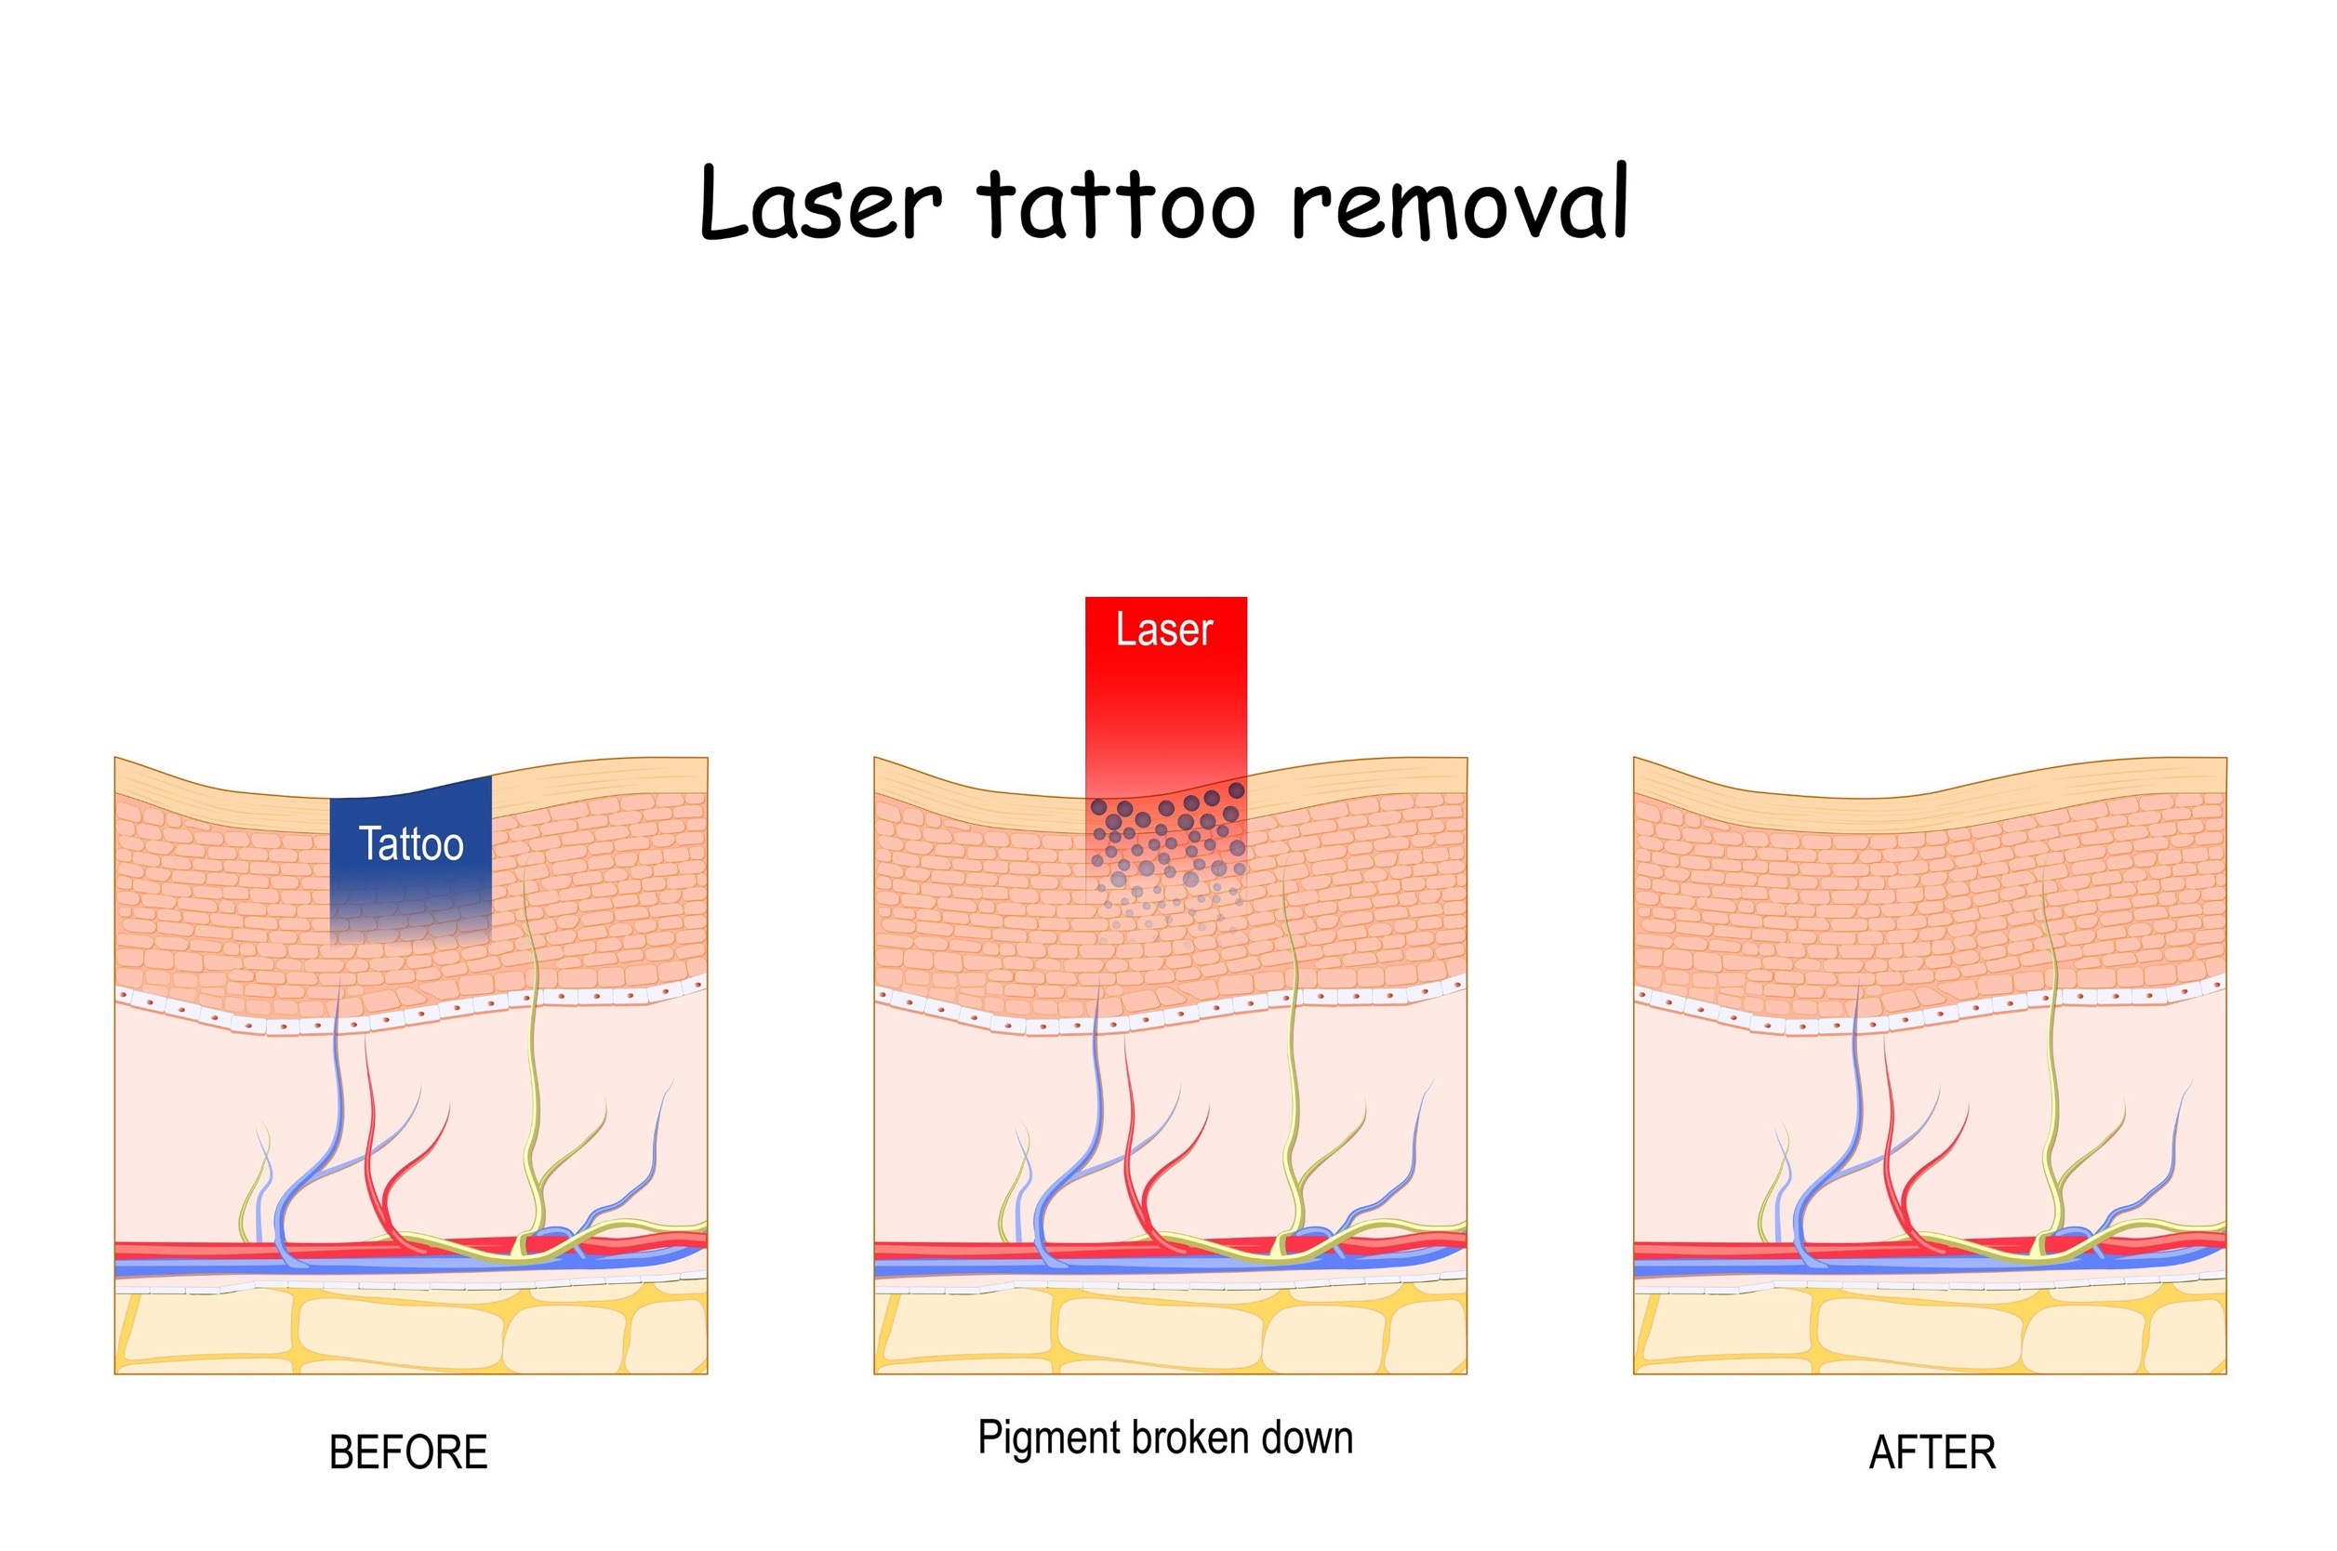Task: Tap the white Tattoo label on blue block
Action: (410, 844)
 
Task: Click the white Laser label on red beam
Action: (1164, 630)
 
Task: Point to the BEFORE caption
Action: (407, 1453)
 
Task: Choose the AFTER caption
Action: (1932, 1453)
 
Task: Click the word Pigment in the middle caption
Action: (1048, 1438)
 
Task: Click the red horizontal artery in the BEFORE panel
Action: (198, 1247)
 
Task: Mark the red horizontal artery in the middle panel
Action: (949, 1247)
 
